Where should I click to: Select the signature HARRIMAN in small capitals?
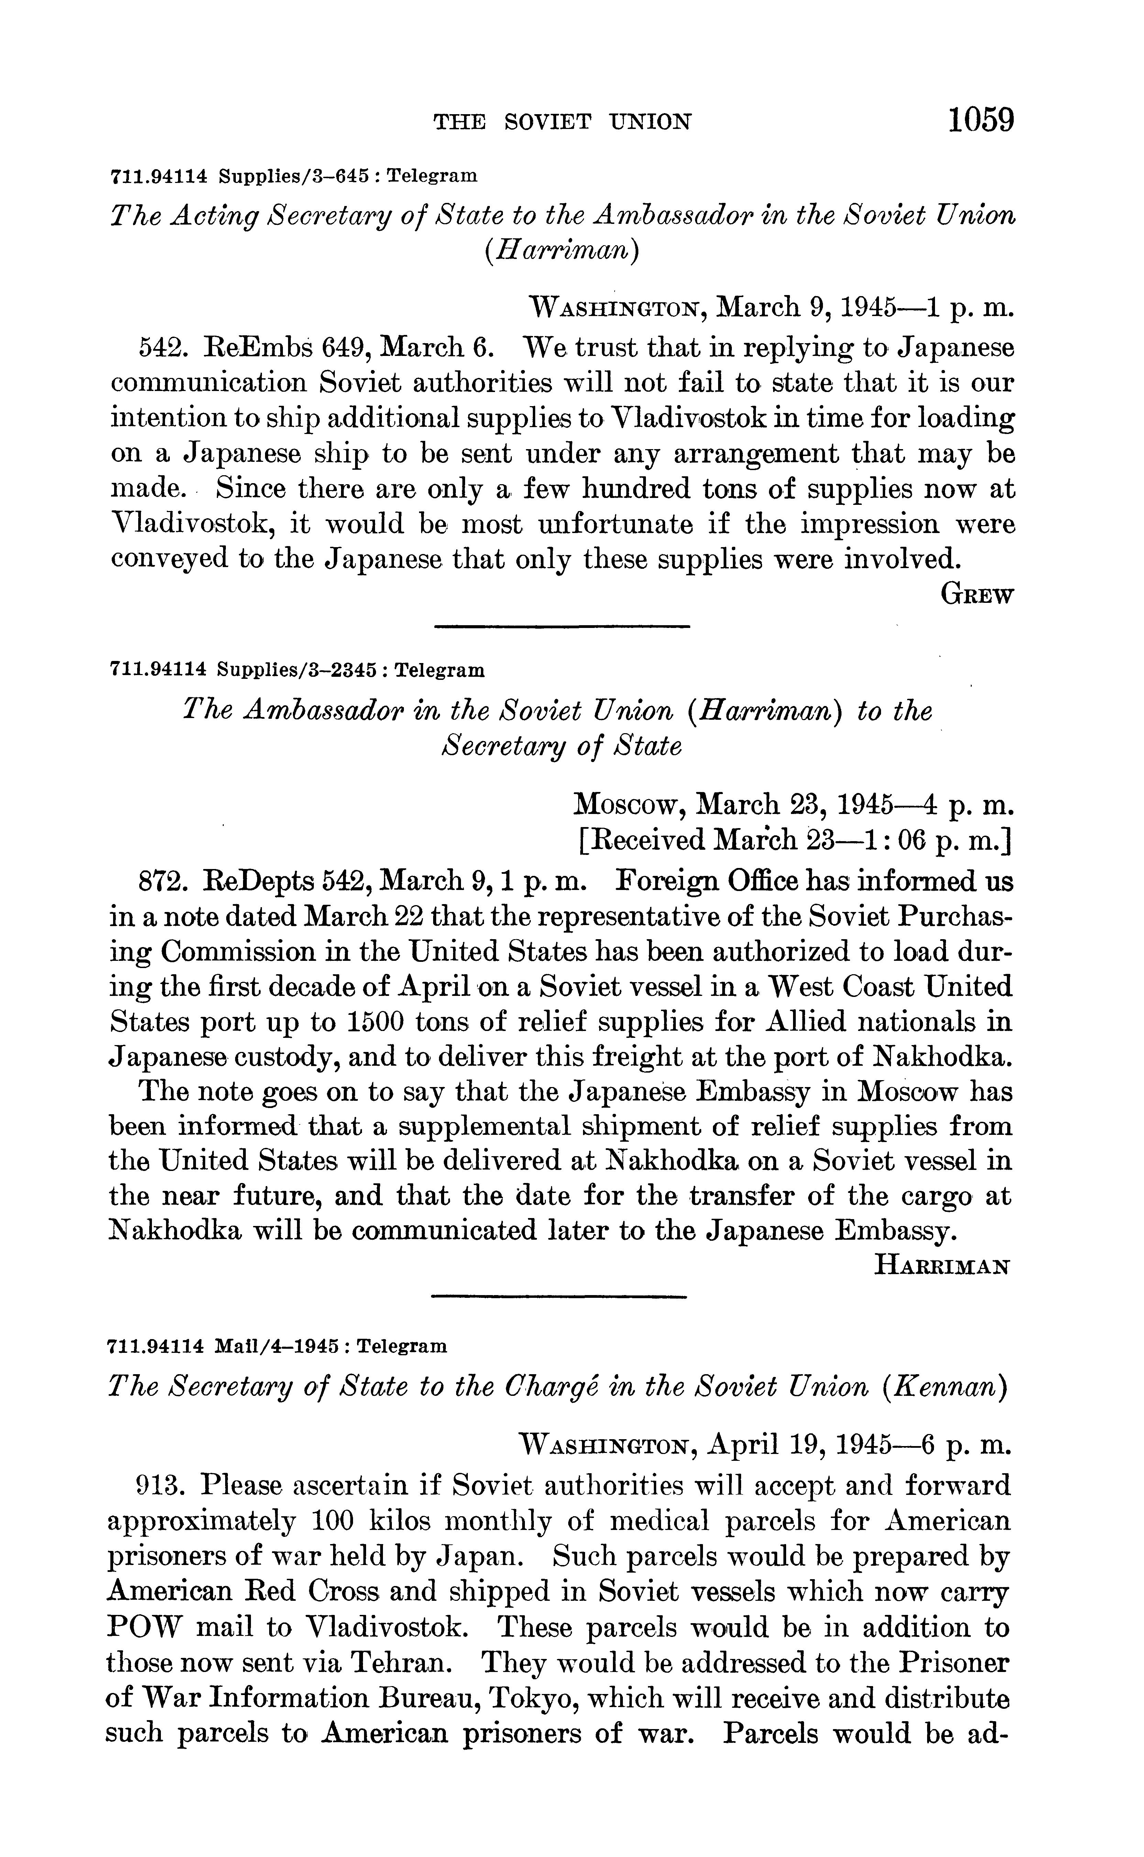942,1265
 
